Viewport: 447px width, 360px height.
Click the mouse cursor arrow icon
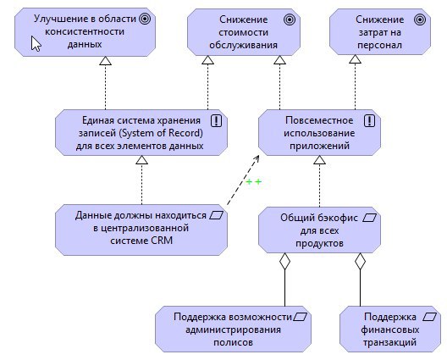(x=36, y=44)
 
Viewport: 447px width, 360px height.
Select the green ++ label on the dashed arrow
(x=253, y=182)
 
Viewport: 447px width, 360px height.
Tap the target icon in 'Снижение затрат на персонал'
(x=420, y=19)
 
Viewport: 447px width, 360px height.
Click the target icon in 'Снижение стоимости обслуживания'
(x=290, y=19)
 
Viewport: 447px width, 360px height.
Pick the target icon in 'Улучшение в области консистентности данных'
(x=145, y=19)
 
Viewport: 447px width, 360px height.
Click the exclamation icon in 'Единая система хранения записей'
(x=217, y=120)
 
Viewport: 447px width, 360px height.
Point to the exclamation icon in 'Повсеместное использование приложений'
(x=369, y=120)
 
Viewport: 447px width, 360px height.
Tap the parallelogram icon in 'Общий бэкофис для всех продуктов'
(x=369, y=219)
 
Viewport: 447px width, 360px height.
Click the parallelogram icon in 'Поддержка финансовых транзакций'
(x=429, y=317)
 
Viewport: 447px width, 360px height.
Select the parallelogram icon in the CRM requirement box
(x=217, y=215)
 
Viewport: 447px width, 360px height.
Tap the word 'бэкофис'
(x=339, y=218)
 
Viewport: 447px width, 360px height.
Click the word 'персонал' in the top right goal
(x=380, y=45)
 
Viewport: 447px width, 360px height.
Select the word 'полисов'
(x=233, y=342)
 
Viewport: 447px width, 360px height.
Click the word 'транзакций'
(x=389, y=342)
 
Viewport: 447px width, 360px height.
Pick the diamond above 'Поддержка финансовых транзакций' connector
(x=360, y=261)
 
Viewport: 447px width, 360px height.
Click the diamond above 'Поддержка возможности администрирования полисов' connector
(x=284, y=261)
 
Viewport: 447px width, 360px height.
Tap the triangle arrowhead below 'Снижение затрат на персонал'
(x=356, y=59)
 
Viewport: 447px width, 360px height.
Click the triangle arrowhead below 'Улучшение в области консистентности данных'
(x=105, y=60)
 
